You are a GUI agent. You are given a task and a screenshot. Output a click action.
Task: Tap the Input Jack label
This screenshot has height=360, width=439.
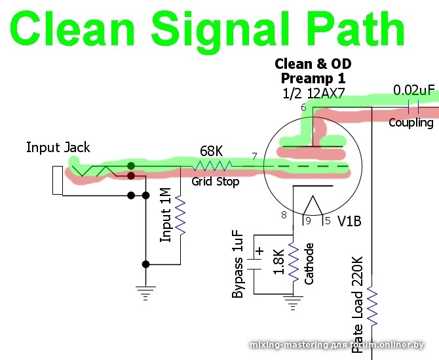58,147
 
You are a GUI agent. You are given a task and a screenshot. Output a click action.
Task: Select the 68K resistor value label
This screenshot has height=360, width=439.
211,151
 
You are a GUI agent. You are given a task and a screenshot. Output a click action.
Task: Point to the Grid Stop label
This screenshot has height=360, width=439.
215,181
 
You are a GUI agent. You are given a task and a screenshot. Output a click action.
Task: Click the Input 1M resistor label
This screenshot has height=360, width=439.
166,214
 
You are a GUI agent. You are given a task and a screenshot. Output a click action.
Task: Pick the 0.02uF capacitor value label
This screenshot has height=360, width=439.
414,90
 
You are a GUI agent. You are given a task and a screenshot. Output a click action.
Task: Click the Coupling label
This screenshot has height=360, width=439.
411,123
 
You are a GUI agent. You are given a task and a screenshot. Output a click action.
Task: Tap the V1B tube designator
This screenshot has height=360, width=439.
349,221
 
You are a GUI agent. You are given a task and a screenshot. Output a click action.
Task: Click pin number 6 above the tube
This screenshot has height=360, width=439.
303,108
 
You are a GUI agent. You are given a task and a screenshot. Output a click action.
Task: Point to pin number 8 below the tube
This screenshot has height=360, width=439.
284,214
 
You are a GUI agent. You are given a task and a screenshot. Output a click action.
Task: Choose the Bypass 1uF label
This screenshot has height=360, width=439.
239,264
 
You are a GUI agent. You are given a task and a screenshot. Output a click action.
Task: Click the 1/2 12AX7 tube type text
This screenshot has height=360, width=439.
313,92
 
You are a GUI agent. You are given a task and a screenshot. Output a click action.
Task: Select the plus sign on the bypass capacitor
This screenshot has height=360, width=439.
259,251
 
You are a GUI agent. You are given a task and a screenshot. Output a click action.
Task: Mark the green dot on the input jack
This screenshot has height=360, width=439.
132,166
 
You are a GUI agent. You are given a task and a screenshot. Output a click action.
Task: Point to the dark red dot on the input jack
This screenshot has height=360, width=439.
132,176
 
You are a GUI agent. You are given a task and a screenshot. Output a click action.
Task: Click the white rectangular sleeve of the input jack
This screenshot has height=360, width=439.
58,180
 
